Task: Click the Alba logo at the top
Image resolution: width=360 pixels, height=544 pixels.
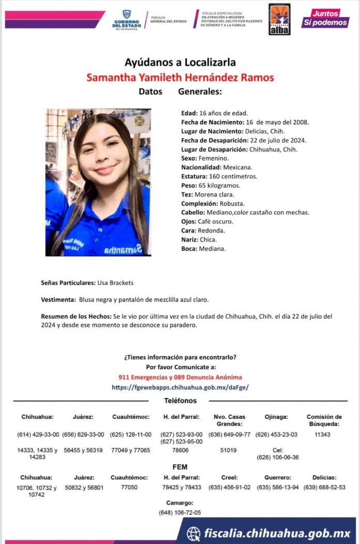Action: [279, 20]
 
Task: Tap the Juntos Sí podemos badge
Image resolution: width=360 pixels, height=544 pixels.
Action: [325, 18]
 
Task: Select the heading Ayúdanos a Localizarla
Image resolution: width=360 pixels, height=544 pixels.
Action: [180, 63]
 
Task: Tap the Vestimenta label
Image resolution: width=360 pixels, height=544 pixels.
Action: [58, 300]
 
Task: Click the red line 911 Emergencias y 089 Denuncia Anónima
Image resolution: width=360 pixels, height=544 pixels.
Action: [180, 377]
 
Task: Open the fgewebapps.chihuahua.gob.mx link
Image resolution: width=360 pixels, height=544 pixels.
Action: [180, 387]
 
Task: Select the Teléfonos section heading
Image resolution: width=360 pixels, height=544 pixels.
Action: [180, 401]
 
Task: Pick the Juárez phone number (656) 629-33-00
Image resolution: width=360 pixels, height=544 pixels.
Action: [84, 434]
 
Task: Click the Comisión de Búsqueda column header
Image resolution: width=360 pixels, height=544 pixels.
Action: [324, 420]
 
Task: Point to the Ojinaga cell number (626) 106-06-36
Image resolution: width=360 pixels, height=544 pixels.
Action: [278, 457]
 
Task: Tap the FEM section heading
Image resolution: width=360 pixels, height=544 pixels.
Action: [180, 467]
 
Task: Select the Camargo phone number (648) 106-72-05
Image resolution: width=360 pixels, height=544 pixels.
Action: [180, 512]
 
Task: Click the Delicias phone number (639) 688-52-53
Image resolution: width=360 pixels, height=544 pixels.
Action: [324, 487]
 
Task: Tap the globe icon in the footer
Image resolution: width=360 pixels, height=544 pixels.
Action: [193, 533]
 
